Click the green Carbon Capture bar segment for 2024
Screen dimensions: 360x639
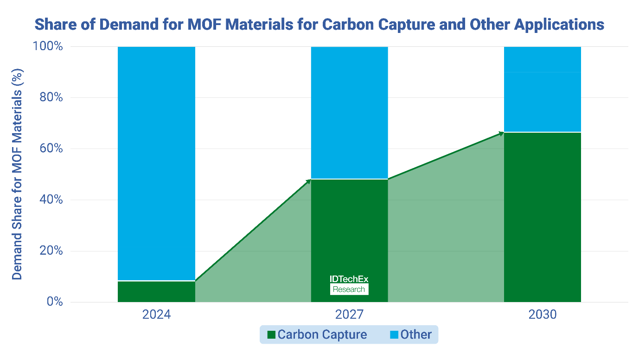pos(156,291)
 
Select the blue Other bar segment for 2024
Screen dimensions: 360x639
pos(156,162)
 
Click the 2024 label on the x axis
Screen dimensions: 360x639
pos(156,315)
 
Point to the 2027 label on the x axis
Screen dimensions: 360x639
pos(349,315)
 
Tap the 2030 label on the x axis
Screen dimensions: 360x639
pos(542,315)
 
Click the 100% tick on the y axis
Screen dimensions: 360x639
pos(48,47)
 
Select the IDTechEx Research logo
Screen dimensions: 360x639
pos(349,284)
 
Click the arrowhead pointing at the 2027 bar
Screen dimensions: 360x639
pos(308,180)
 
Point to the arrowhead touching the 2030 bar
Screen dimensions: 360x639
pos(501,133)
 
